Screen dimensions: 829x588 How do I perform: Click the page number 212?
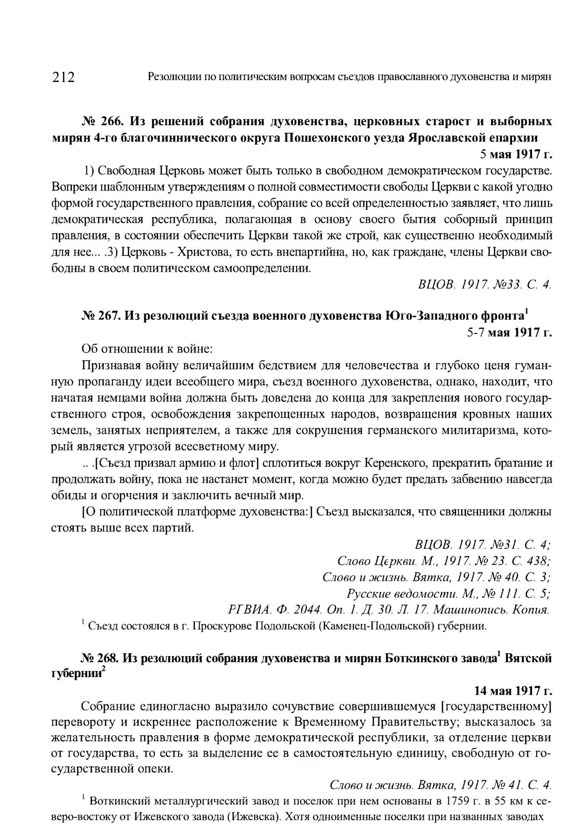pos(64,77)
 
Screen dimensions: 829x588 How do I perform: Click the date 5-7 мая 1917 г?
pos(509,332)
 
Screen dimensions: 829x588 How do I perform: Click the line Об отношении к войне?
pos(147,349)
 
